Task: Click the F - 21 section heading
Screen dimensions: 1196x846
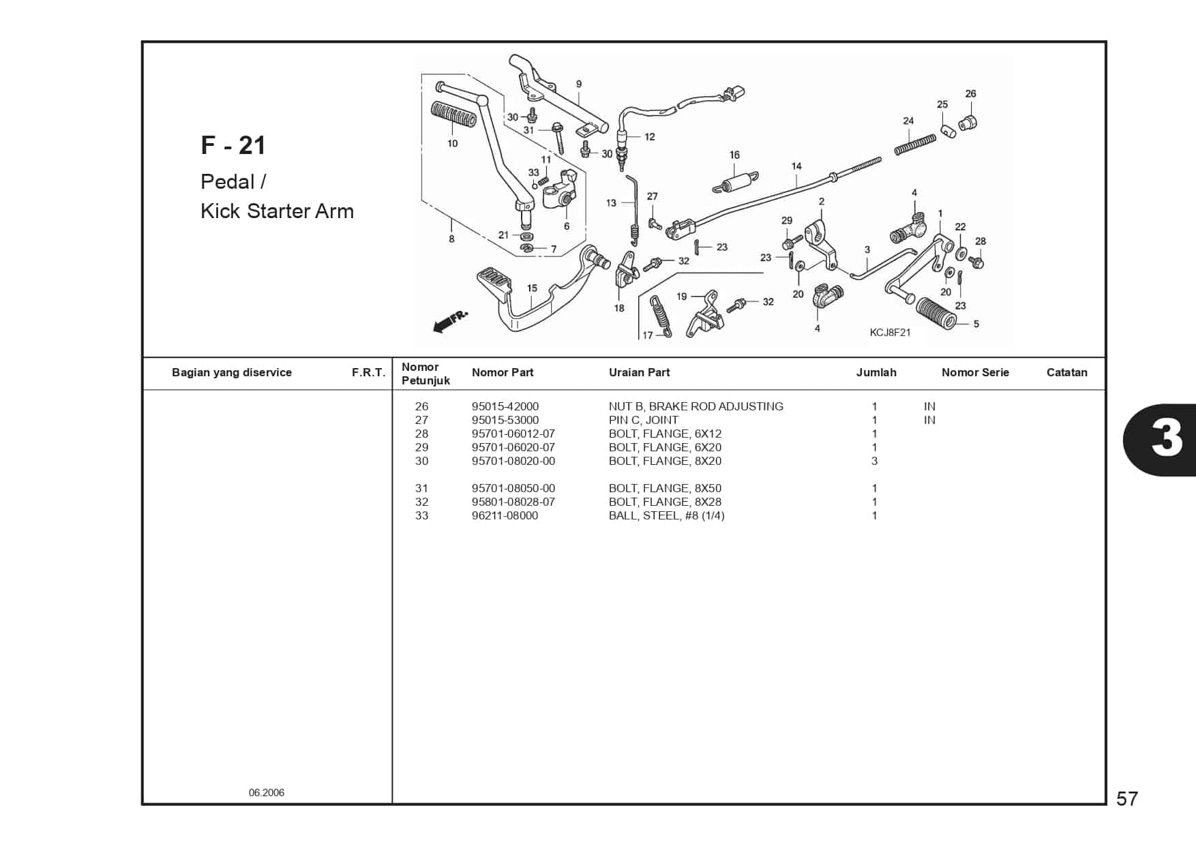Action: coord(233,145)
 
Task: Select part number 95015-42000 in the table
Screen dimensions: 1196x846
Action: coord(505,406)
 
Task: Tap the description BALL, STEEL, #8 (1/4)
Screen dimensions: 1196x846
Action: coord(666,515)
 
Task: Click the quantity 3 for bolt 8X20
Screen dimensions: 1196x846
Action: coord(874,461)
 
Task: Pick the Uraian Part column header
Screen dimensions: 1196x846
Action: coord(639,372)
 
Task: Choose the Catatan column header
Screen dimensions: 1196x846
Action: coord(1066,372)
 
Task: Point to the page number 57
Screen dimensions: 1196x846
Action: coord(1127,798)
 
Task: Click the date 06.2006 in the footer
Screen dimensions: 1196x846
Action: coord(267,792)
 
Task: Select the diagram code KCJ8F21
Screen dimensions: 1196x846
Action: coord(890,333)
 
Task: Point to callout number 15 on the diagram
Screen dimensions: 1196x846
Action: coord(532,288)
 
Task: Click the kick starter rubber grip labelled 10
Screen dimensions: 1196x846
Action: coord(452,117)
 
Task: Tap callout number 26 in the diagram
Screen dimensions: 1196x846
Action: coord(970,93)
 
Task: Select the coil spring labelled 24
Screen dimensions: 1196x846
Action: coord(915,145)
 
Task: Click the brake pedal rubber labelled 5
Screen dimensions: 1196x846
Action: coord(936,312)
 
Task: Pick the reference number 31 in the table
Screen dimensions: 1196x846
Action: coord(421,488)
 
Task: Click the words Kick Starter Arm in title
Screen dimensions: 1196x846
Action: coord(277,211)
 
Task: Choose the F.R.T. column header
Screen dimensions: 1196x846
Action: coord(368,372)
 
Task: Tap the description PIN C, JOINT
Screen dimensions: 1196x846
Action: coord(643,420)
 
